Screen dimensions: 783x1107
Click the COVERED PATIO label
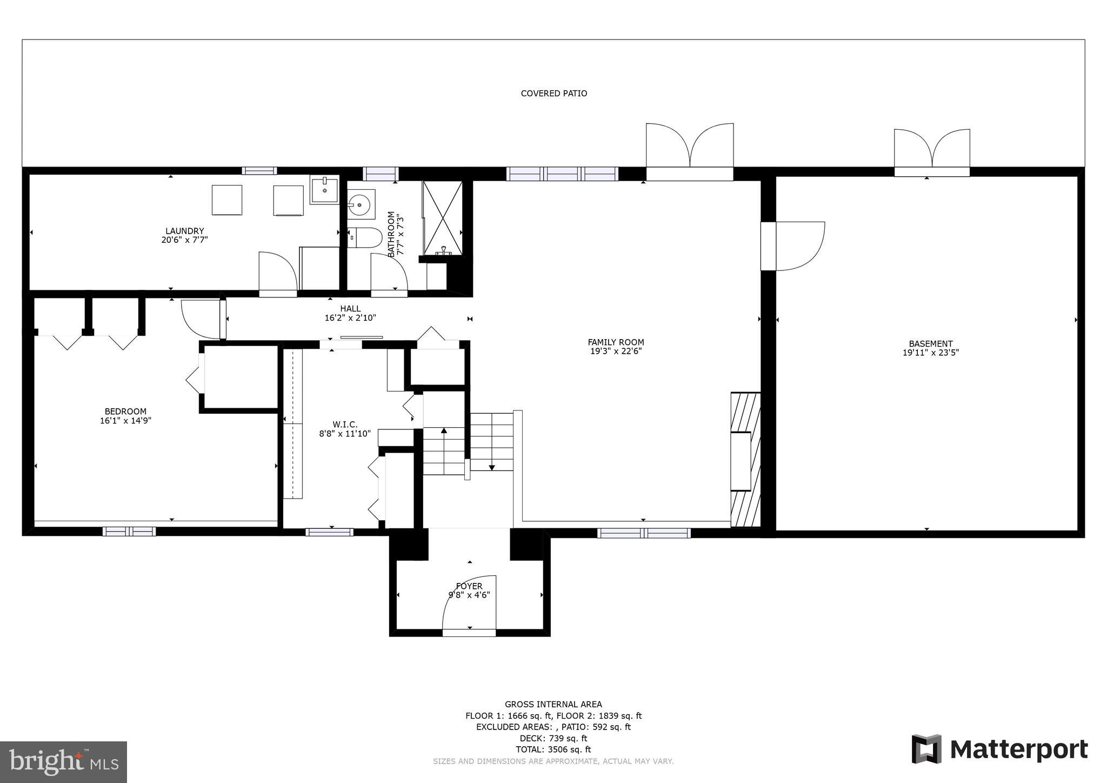pyautogui.click(x=553, y=94)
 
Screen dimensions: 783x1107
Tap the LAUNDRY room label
pyautogui.click(x=184, y=231)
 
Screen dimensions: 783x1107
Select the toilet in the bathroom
pyautogui.click(x=365, y=238)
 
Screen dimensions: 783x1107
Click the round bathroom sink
pyautogui.click(x=361, y=204)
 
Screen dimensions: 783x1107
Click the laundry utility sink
pyautogui.click(x=324, y=190)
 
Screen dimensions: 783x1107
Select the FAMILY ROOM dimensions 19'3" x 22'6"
pyautogui.click(x=616, y=351)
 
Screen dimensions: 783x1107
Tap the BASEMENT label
pyautogui.click(x=930, y=344)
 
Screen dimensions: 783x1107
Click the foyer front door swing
pyautogui.click(x=469, y=603)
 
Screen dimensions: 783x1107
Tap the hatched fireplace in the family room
pyautogui.click(x=745, y=460)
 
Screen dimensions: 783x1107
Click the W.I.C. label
pyautogui.click(x=345, y=424)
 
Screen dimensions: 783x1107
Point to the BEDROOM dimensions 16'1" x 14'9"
pyautogui.click(x=125, y=421)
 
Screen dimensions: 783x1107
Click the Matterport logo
pyautogui.click(x=999, y=749)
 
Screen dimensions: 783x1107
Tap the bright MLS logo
pyautogui.click(x=63, y=762)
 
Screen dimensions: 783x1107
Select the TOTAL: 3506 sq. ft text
pyautogui.click(x=553, y=749)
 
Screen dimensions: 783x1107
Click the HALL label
pyautogui.click(x=350, y=309)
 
